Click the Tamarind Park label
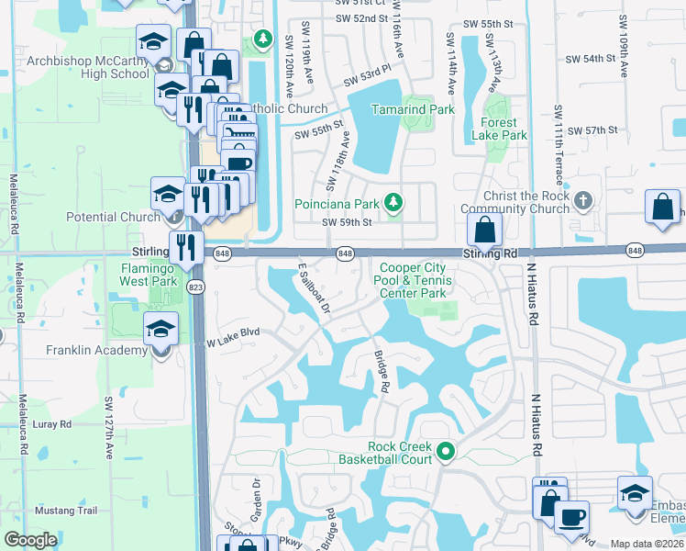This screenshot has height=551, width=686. tap(413, 109)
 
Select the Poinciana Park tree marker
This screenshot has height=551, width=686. tap(393, 201)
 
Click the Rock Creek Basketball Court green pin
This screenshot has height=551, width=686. tap(446, 450)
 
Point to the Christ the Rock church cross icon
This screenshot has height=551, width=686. tap(583, 199)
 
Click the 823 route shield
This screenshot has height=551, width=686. tap(202, 287)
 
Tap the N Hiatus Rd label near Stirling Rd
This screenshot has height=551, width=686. tap(531, 295)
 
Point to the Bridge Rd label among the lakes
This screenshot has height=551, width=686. tap(381, 371)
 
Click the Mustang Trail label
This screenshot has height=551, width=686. tap(65, 511)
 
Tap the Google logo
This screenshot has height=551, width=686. tap(30, 540)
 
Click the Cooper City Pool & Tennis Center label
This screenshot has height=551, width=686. tap(415, 280)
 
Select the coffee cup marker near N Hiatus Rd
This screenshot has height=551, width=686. tap(571, 517)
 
